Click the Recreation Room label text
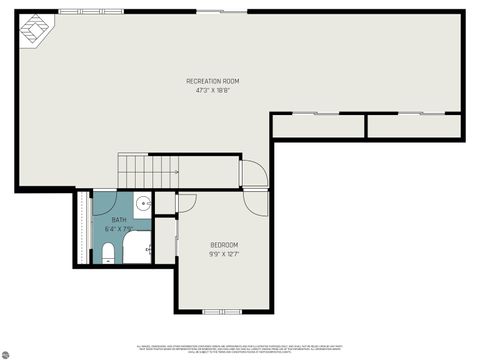213,81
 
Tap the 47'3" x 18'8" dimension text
213,91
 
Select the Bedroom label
224,245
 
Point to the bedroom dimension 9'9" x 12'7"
224,255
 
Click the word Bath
119,220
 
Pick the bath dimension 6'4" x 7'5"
119,229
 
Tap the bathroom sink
144,205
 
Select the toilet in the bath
108,258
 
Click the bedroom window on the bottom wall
222,311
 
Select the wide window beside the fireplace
84,11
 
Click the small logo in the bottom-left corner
5,354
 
